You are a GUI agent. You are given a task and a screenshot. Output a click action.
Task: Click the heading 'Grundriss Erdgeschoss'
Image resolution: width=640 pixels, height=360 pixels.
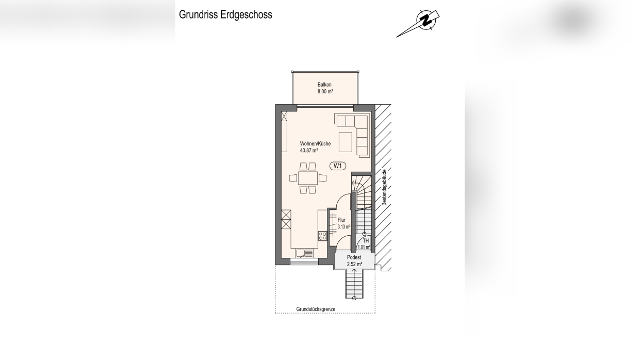click(225, 15)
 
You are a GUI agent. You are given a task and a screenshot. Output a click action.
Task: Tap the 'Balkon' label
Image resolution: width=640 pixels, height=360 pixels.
click(324, 85)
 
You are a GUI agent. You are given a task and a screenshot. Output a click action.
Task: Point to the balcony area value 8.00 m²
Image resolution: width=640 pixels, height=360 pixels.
click(325, 92)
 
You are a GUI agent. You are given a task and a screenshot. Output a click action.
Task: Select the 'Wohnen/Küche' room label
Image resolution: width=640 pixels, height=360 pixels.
click(315, 144)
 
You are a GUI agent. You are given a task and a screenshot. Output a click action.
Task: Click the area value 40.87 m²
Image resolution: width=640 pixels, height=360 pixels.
click(308, 151)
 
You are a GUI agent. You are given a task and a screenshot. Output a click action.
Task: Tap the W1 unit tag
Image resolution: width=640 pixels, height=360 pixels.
click(337, 166)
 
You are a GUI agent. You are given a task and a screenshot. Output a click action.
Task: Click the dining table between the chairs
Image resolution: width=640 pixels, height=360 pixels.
click(307, 178)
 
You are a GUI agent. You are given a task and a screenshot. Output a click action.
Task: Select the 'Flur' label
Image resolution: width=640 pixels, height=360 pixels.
click(341, 220)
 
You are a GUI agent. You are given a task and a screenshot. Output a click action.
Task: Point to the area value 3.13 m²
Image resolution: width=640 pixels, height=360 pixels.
click(343, 227)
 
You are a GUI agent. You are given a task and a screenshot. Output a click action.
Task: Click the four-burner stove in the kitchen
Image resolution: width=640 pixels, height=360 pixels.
click(322, 236)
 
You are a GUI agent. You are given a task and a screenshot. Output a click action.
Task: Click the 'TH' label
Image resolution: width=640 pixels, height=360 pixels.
click(366, 241)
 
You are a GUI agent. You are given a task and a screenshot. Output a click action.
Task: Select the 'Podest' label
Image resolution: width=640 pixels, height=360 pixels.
click(354, 257)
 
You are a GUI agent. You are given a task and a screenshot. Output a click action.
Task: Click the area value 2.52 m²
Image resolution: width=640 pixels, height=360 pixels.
click(354, 265)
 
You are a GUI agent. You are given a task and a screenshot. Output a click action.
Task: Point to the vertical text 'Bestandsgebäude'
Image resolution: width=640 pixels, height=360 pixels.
click(384, 188)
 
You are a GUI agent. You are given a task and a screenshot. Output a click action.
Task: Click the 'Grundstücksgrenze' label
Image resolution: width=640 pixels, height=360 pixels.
click(316, 309)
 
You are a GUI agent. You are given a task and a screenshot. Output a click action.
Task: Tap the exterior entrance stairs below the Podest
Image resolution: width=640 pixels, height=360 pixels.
click(354, 284)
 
